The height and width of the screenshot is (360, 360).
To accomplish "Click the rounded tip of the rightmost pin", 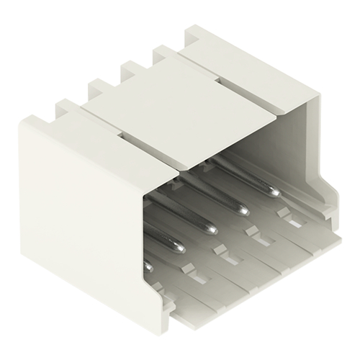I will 274,192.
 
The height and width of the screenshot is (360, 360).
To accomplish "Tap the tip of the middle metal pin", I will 212,230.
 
